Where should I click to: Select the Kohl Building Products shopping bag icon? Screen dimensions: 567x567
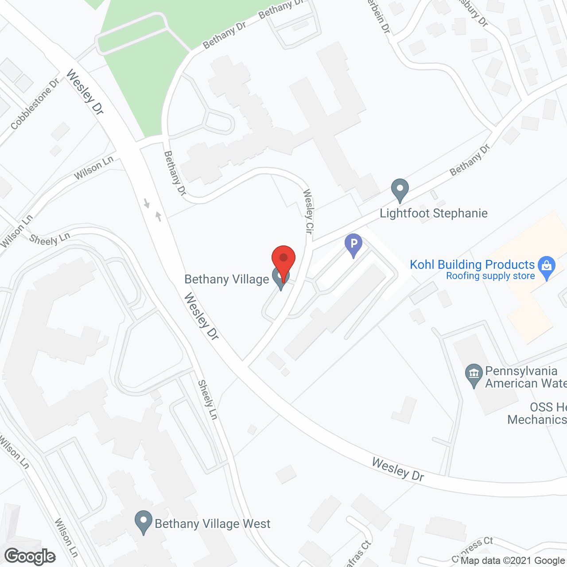[x=547, y=266]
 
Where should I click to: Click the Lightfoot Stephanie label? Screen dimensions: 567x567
[x=434, y=214]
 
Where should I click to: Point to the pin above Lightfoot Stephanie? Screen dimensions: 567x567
[x=400, y=189]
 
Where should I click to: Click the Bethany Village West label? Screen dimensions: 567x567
[x=212, y=524]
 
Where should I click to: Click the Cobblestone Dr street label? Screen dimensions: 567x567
[x=35, y=105]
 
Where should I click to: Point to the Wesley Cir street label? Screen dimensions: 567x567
[x=308, y=211]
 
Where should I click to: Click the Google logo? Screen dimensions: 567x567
[x=30, y=556]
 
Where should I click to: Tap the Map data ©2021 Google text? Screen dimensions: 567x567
[x=513, y=561]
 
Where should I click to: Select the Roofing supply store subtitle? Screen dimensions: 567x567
[x=490, y=276]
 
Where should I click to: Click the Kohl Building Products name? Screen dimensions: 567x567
[x=472, y=264]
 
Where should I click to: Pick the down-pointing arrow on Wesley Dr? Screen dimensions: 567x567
[x=147, y=203]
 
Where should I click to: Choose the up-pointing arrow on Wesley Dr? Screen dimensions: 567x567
[x=158, y=217]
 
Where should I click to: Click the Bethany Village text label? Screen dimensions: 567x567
[x=227, y=280]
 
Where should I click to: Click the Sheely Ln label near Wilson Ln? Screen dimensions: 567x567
[x=50, y=240]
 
